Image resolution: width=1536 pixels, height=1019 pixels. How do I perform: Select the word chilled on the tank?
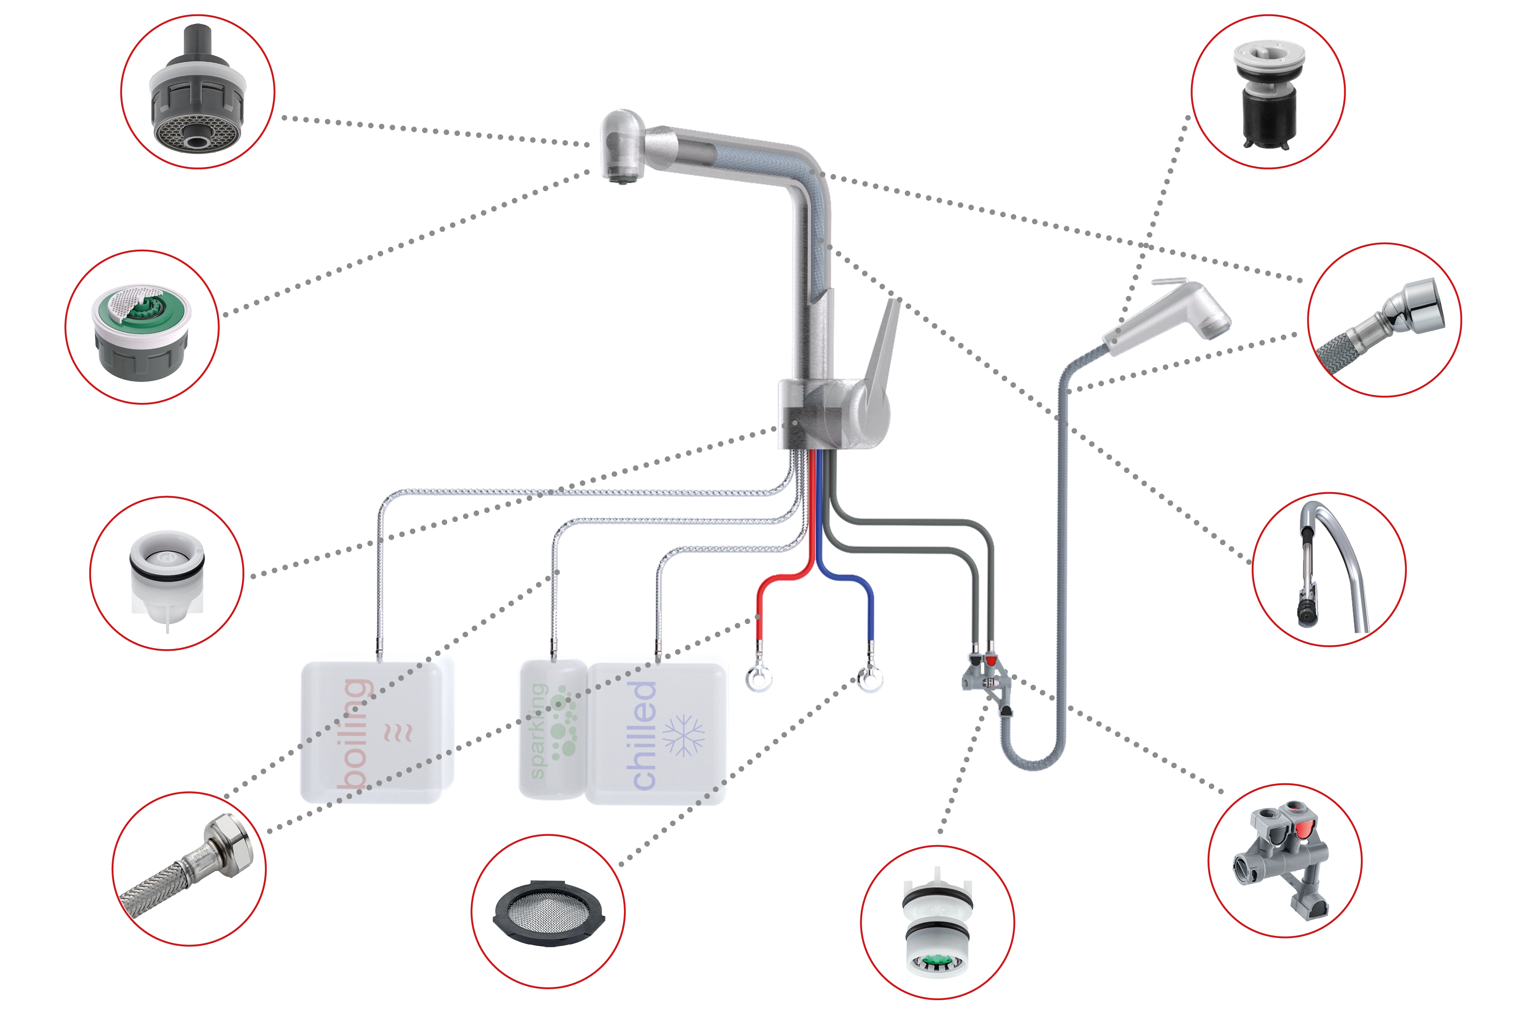(643, 735)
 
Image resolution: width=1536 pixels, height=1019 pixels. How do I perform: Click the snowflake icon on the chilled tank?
(683, 736)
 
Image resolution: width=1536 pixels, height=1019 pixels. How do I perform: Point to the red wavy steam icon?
(398, 733)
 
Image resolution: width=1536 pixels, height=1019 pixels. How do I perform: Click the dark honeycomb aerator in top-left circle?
(197, 91)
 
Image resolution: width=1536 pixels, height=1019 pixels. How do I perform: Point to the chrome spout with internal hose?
(1329, 569)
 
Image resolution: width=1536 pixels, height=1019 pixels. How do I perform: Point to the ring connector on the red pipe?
(760, 678)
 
